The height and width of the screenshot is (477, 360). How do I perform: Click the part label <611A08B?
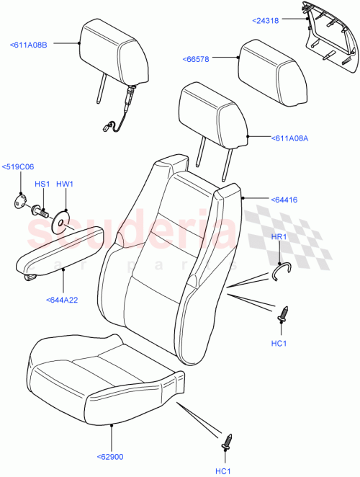pyautogui.click(x=29, y=45)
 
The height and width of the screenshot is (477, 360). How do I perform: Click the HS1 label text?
pyautogui.click(x=42, y=185)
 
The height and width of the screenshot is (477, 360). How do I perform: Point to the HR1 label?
pyautogui.click(x=279, y=236)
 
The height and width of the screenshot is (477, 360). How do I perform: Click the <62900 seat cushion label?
pyautogui.click(x=112, y=456)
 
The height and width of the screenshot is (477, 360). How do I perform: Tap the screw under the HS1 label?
pyautogui.click(x=40, y=211)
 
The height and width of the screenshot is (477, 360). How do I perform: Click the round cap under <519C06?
pyautogui.click(x=19, y=201)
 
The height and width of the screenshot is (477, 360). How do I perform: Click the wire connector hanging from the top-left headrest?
pyautogui.click(x=112, y=128)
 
